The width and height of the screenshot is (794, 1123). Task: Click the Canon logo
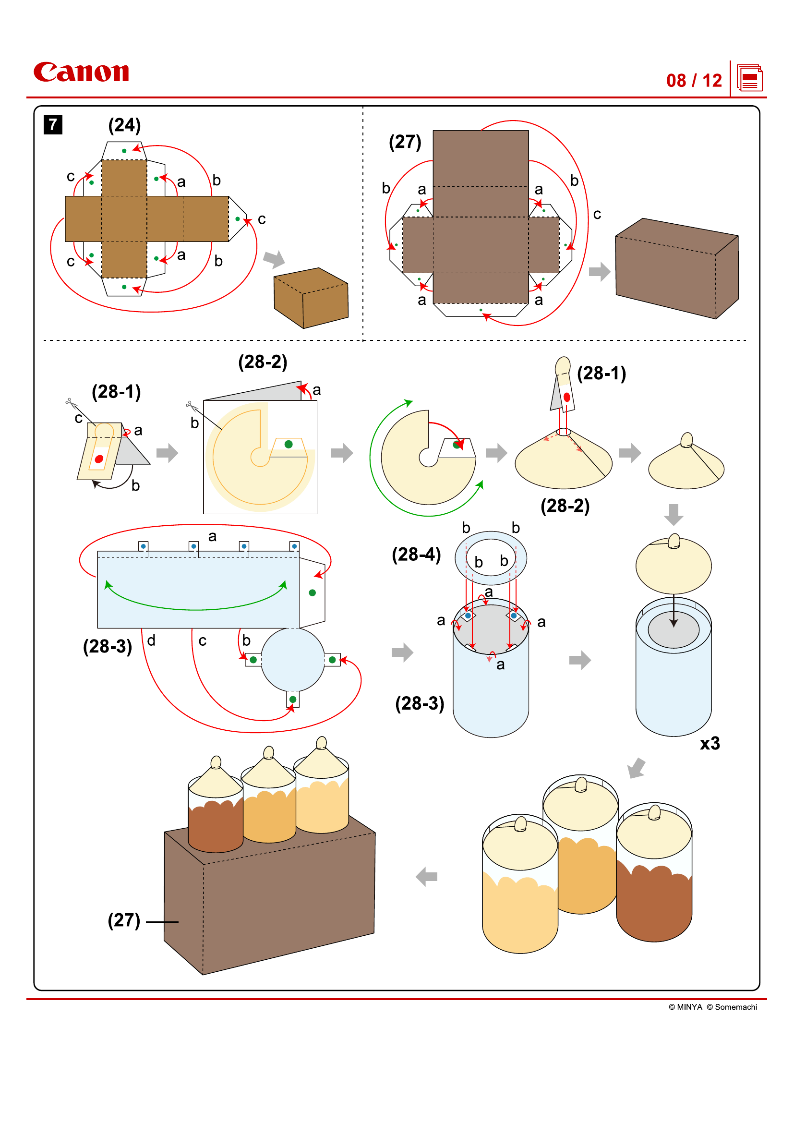coord(81,72)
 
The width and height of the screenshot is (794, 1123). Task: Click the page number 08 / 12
coord(693,81)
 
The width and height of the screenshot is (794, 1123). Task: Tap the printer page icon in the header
coord(749,78)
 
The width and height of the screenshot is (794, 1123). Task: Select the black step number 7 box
coord(53,124)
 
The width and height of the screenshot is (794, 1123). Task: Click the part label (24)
coord(124,125)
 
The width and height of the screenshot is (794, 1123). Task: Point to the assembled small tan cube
coord(311,298)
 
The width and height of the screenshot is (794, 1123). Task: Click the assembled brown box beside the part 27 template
coord(676,268)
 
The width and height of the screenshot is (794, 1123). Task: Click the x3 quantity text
coord(710,743)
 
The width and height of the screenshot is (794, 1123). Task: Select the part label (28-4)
coord(416,554)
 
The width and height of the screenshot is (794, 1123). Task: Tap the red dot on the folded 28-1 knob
coord(99,459)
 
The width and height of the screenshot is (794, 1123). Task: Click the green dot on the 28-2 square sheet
coord(289,444)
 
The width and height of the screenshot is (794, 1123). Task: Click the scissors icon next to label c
coord(71,403)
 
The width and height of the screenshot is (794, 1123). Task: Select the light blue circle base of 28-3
coord(292,659)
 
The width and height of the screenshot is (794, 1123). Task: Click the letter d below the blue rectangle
coord(151,640)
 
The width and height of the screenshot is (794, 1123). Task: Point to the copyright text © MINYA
coord(685,1007)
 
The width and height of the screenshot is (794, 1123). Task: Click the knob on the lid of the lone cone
coord(686,439)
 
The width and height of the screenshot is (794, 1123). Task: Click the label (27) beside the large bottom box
coord(124,920)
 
